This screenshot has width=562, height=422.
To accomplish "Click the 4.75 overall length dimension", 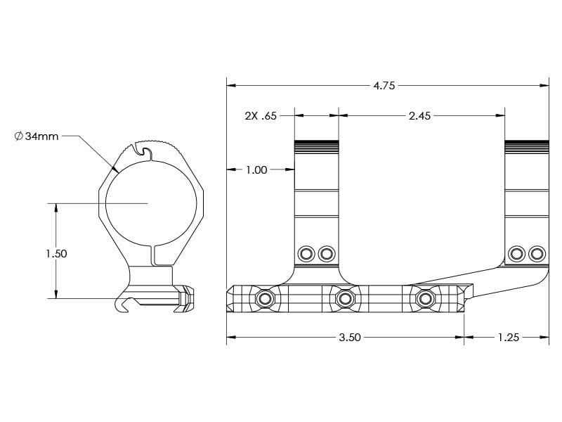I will click(x=384, y=86).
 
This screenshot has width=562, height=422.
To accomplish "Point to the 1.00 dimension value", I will click(x=256, y=170).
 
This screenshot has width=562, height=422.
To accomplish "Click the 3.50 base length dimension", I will click(x=349, y=338).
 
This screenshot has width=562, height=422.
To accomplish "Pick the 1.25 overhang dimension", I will click(x=508, y=338).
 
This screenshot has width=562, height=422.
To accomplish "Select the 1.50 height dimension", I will click(x=56, y=253).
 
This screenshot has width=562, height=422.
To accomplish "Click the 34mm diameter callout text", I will click(x=41, y=136).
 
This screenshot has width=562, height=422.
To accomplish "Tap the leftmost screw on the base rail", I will click(x=265, y=299).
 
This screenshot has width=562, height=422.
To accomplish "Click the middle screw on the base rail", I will click(x=344, y=299).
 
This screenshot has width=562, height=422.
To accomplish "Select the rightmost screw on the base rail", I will click(x=424, y=299).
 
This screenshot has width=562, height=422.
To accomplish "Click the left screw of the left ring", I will click(x=306, y=253).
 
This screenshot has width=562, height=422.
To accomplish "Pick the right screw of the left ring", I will click(x=325, y=253).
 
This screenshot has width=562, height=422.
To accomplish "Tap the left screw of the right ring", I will click(x=517, y=253).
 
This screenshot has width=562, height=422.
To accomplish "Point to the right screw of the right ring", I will click(x=537, y=253).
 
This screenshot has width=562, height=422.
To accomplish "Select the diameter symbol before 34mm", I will click(x=18, y=136).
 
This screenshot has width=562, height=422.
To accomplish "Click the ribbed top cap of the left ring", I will click(x=316, y=146).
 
